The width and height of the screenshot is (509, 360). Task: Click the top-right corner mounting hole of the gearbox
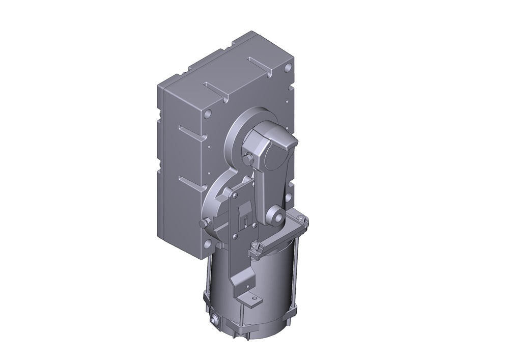click(x=288, y=67)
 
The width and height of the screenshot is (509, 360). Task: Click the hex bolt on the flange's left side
click(x=205, y=223)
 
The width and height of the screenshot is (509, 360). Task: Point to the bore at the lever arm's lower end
click(x=278, y=217)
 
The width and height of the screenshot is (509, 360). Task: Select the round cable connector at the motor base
click(x=213, y=320)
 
